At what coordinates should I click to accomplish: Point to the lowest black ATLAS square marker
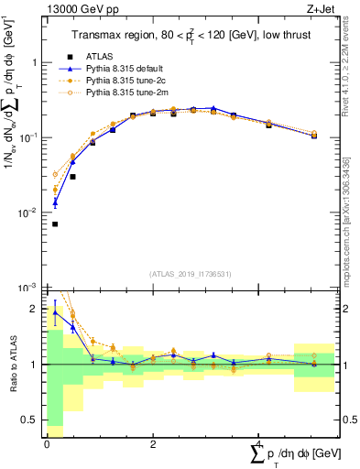click(x=55, y=224)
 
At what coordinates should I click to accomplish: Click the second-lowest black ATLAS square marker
click(x=72, y=177)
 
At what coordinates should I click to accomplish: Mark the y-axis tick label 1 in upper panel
click(x=34, y=62)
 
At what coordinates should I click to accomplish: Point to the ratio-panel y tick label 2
click(x=34, y=309)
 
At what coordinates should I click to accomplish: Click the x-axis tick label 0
click(x=47, y=444)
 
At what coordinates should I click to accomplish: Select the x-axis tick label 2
click(x=153, y=444)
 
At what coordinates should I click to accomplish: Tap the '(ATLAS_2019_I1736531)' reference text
click(x=191, y=273)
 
